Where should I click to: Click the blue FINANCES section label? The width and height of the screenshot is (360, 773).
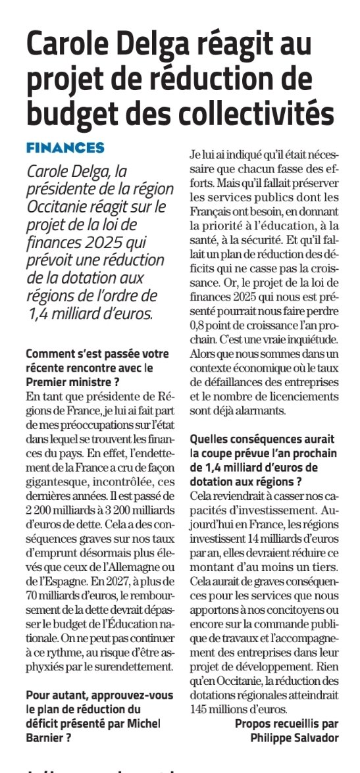65,147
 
